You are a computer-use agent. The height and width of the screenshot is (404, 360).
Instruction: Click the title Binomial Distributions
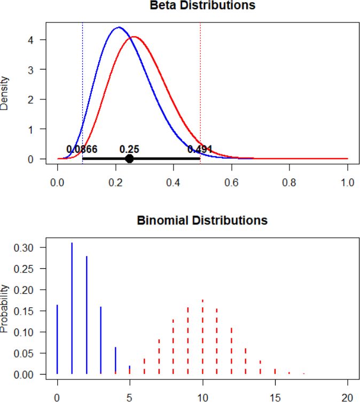tap(202, 220)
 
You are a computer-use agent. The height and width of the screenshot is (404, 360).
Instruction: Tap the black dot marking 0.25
tap(129, 159)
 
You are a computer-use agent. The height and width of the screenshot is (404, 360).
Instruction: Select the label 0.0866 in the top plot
tap(82, 149)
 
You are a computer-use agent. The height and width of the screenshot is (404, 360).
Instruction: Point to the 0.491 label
tap(200, 149)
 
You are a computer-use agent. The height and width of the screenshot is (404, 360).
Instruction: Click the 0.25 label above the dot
tap(129, 149)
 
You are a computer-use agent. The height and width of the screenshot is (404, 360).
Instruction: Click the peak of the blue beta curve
tap(119, 27)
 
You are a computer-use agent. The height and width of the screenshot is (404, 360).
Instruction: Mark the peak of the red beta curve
tap(134, 37)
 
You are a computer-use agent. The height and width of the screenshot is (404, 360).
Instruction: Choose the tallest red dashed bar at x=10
tap(202, 337)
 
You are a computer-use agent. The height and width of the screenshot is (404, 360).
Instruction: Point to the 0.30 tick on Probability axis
tap(32, 248)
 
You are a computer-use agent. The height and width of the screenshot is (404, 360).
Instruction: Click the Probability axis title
tap(5, 310)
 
